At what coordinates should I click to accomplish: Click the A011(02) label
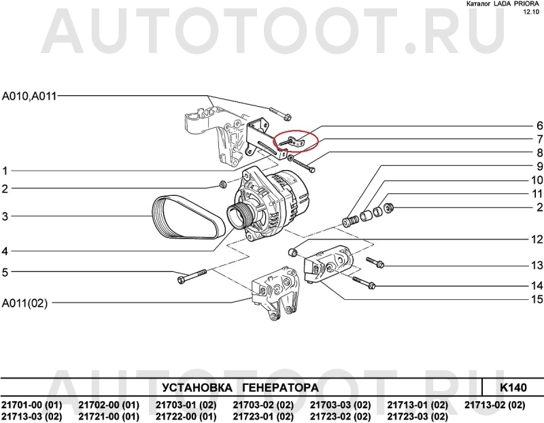(25, 303)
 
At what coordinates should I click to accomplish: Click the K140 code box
(513, 388)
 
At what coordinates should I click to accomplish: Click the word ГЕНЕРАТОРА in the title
(279, 388)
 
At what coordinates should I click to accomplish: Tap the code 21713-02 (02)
(494, 405)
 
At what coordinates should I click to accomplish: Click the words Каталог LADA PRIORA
(499, 4)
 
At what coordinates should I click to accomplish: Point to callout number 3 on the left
(5, 217)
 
